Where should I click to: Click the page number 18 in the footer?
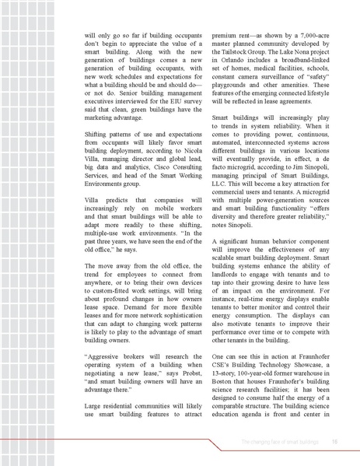point(334,441)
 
